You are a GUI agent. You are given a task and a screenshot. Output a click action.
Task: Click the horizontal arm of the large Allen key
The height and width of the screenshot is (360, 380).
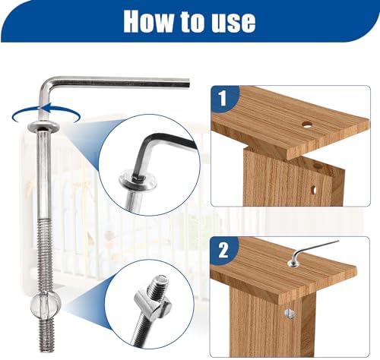[x=122, y=81]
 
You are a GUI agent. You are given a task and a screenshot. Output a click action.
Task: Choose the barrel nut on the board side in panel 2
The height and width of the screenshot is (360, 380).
[x=290, y=311]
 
